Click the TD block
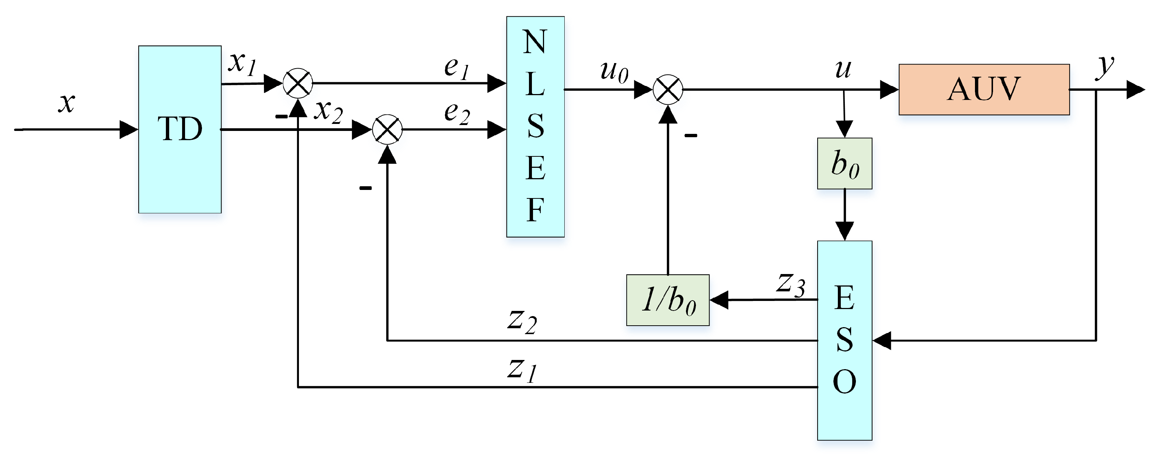coord(180,129)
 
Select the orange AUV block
coord(984,89)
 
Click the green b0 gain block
coord(845,163)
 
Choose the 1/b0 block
coord(668,300)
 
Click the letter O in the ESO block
coord(844,382)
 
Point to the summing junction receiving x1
coord(298,83)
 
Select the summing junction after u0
coord(668,90)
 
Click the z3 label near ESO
coord(791,285)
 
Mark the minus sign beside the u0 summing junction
coord(691,135)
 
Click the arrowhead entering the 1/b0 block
coord(719,300)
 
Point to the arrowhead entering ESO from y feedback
coord(882,340)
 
